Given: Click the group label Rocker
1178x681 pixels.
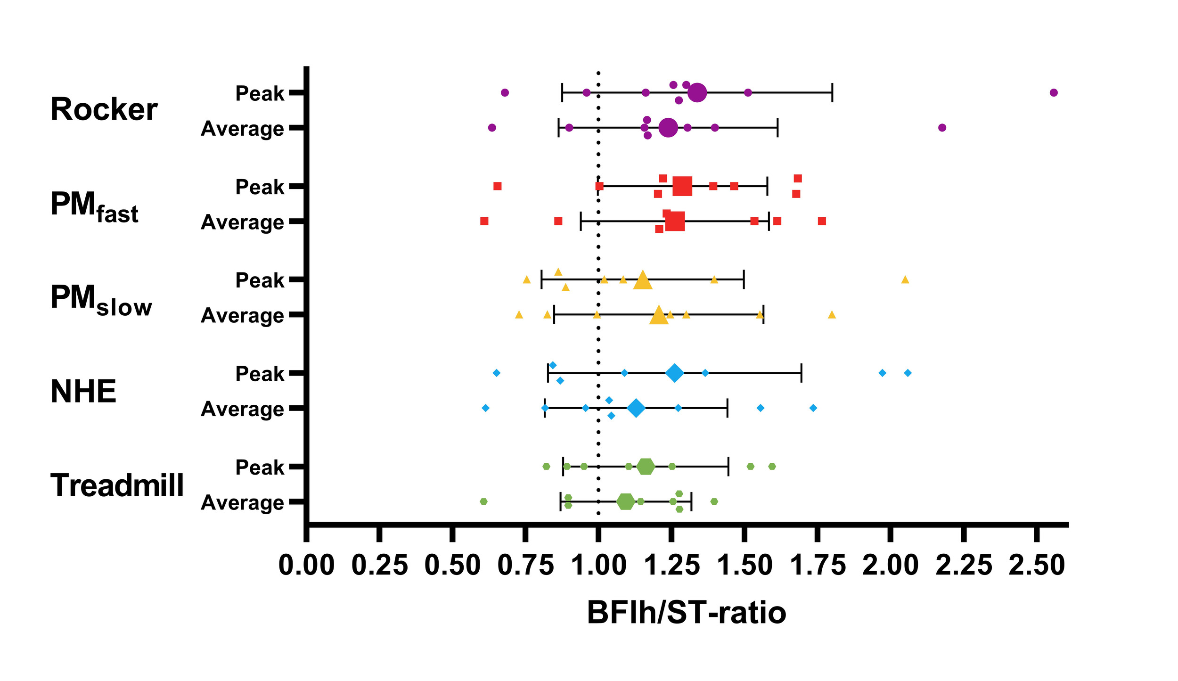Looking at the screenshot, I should pyautogui.click(x=104, y=110).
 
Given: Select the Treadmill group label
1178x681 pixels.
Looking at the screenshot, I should pyautogui.click(x=117, y=485).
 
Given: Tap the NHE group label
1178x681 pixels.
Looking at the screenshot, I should pyautogui.click(x=83, y=392).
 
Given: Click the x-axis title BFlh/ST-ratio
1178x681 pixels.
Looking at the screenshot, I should pyautogui.click(x=686, y=613).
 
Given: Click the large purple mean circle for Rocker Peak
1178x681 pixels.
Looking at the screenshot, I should pyautogui.click(x=697, y=92).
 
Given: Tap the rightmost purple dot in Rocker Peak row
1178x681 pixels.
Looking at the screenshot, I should pyautogui.click(x=1054, y=92).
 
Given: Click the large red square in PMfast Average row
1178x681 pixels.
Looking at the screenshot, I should pyautogui.click(x=675, y=221).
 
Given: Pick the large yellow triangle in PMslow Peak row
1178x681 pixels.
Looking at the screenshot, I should pyautogui.click(x=643, y=280).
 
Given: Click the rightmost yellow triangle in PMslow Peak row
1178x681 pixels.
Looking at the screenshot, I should pyautogui.click(x=905, y=280).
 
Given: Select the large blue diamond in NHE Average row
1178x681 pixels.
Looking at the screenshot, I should pyautogui.click(x=636, y=408).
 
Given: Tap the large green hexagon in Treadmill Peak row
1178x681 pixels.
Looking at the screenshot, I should pyautogui.click(x=646, y=467).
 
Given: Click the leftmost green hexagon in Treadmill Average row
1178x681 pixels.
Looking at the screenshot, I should pyautogui.click(x=483, y=501).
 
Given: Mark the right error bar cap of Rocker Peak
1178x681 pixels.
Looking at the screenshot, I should pyautogui.click(x=832, y=92).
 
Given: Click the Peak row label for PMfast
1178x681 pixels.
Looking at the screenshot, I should pyautogui.click(x=260, y=187).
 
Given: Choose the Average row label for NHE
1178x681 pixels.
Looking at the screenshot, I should pyautogui.click(x=242, y=409).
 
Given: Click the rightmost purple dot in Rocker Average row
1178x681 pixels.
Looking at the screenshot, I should pyautogui.click(x=942, y=128).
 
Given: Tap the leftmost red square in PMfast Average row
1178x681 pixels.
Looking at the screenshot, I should pyautogui.click(x=484, y=221).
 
